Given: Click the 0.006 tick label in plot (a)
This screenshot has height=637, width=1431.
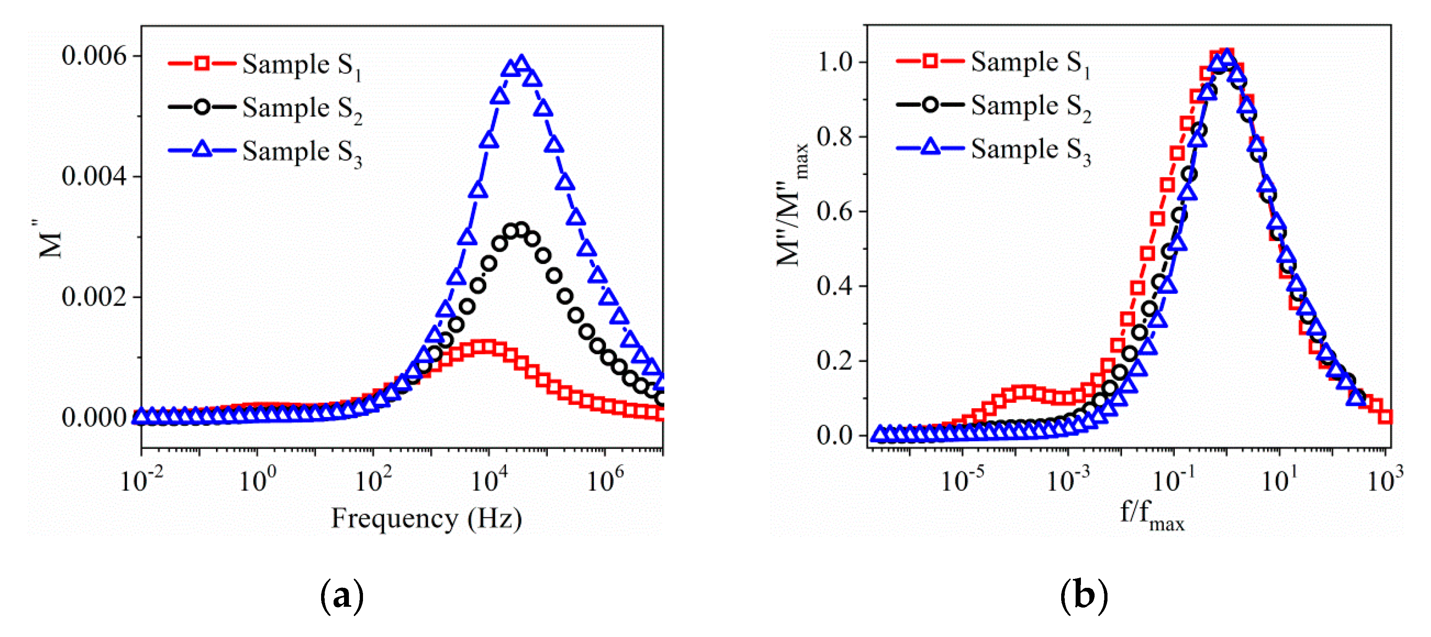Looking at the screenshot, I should [93, 56].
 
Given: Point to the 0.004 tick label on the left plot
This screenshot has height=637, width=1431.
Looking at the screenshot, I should [93, 176].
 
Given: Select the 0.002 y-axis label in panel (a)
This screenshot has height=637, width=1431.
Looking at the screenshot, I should [93, 297].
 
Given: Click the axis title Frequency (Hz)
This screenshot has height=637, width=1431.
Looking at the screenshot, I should [426, 518].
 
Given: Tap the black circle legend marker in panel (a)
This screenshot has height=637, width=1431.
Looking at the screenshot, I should [202, 107].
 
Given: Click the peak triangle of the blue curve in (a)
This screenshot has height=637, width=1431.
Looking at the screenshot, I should [521, 63].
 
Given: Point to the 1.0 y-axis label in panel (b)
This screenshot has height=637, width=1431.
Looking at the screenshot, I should [834, 61].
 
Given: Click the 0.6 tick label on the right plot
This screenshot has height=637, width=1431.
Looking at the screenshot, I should [834, 211].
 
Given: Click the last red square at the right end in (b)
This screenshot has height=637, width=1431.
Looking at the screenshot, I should [1385, 416].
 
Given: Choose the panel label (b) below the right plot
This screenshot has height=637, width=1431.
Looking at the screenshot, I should [1084, 596].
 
